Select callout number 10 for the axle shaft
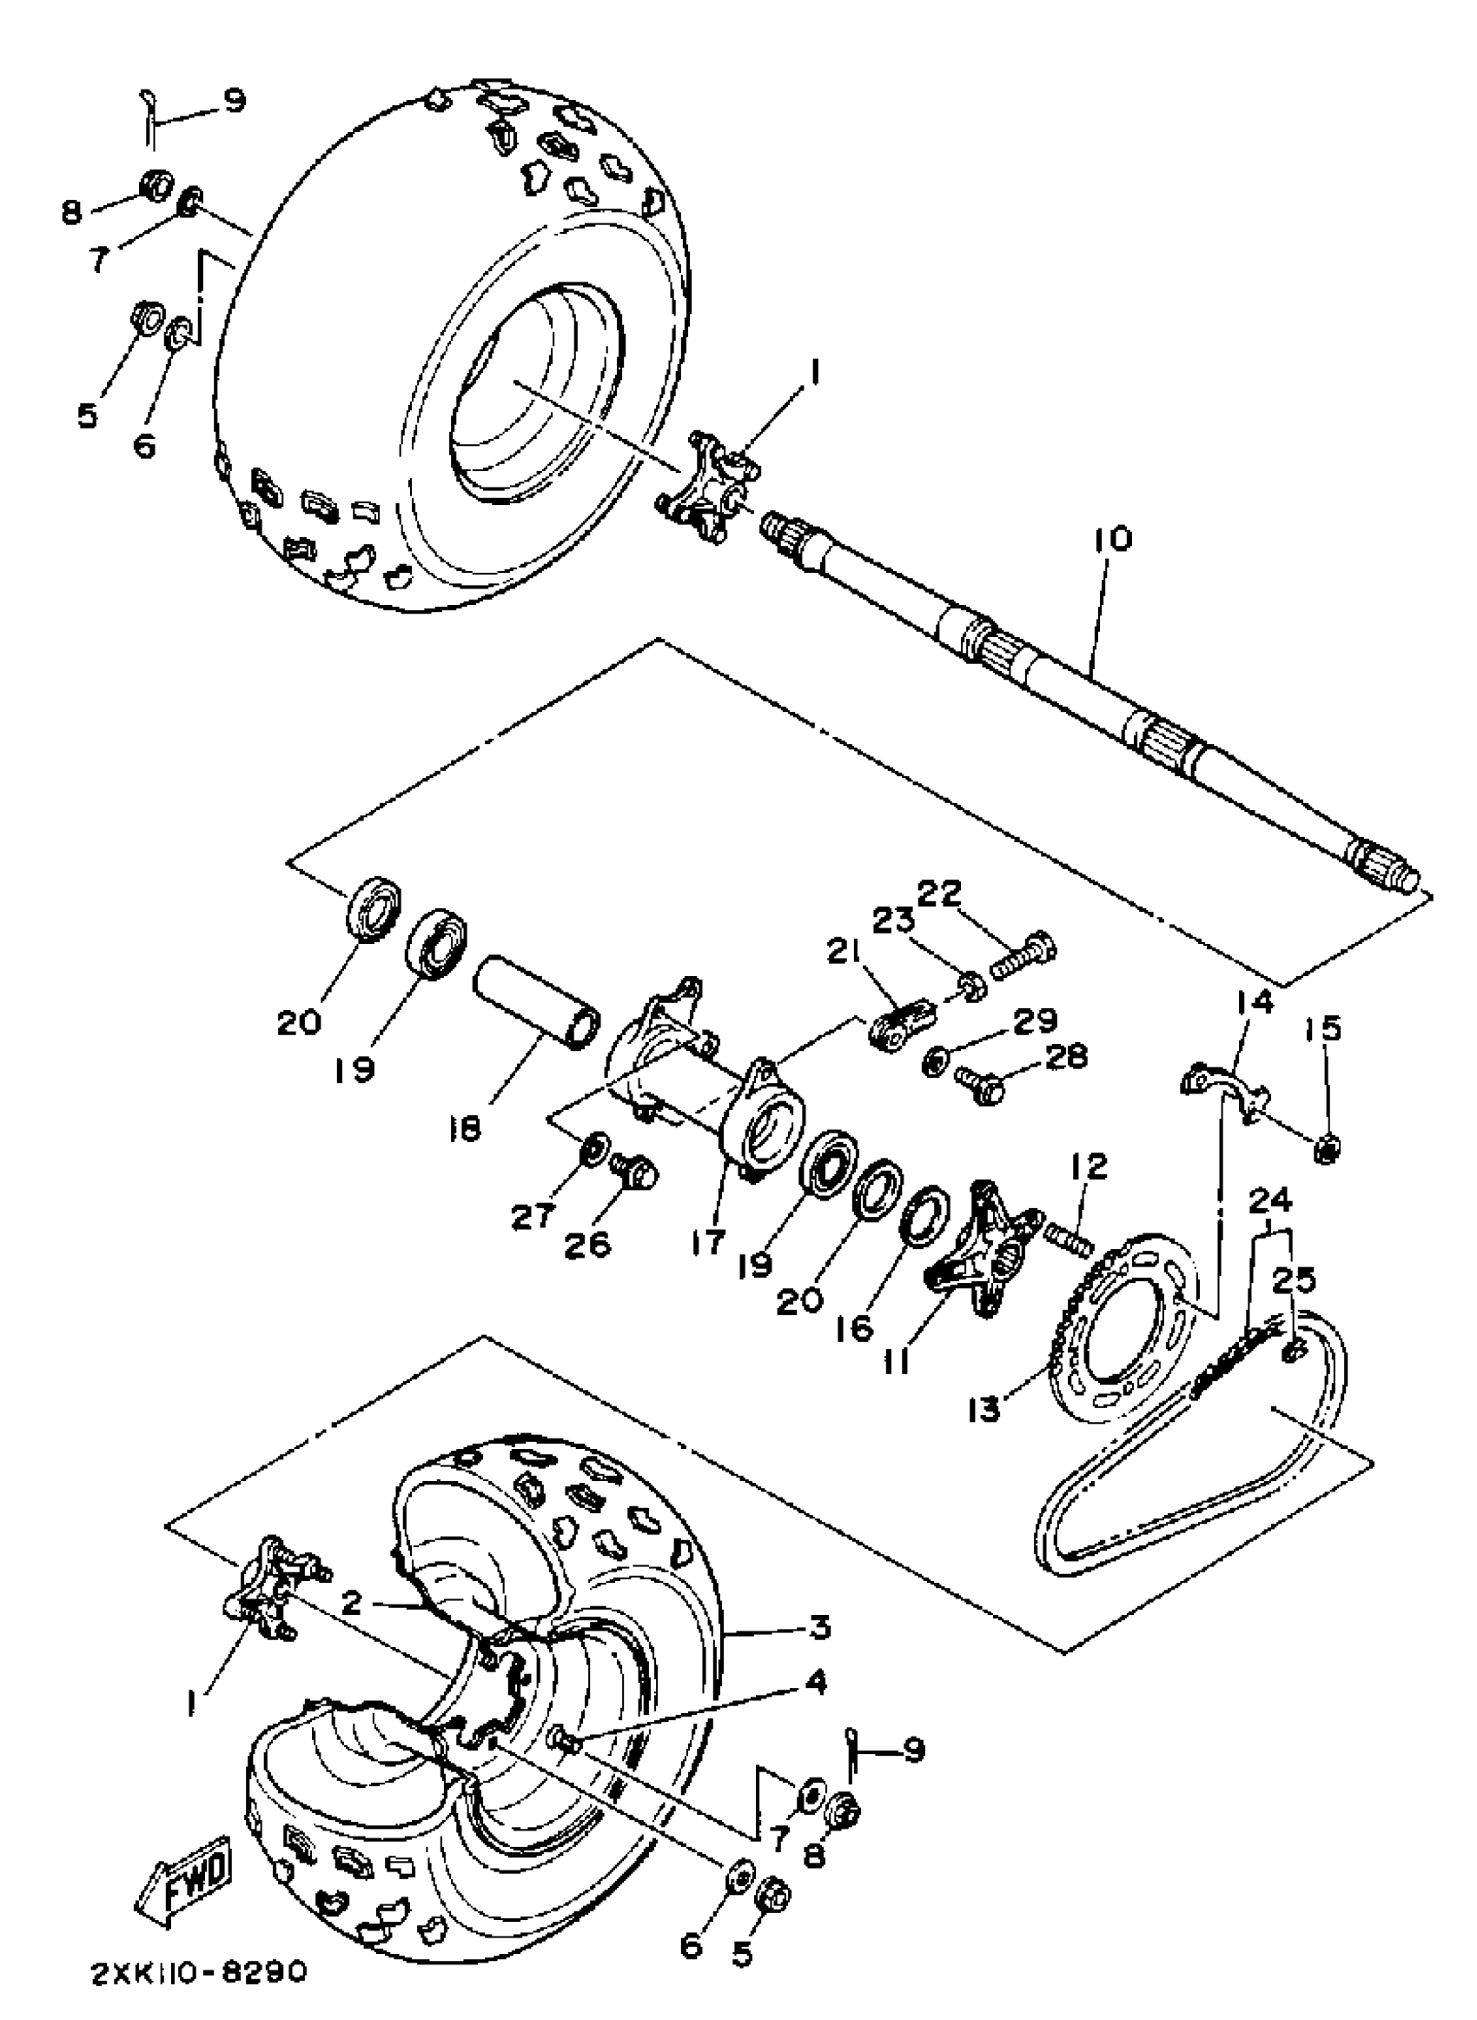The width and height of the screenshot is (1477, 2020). [1110, 540]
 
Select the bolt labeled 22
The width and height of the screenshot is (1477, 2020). [1024, 959]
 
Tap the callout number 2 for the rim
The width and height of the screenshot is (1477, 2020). [353, 1602]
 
